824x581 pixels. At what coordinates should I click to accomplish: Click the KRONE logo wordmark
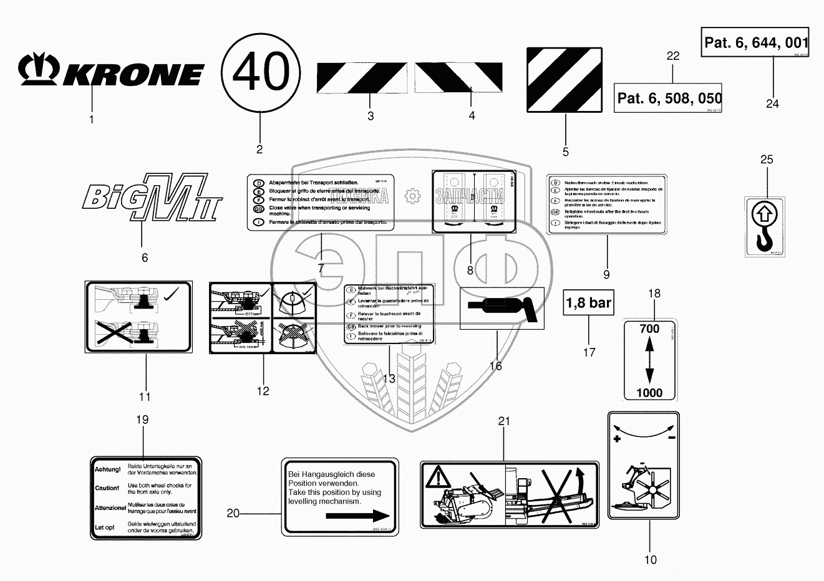111,72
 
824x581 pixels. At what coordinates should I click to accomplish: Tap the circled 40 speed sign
261,72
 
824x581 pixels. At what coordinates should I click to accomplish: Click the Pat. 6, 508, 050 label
668,98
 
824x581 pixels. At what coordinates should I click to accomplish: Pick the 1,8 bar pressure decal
588,303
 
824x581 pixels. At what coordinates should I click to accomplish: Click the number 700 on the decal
649,329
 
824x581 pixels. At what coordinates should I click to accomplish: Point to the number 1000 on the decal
649,393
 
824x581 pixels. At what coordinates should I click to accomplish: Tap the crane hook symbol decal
765,226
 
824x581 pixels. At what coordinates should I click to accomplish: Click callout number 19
142,420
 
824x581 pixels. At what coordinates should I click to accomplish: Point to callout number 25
767,160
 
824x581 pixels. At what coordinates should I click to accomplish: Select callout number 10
651,560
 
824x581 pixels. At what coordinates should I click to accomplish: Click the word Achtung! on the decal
107,469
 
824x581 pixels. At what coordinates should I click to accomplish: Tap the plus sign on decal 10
617,439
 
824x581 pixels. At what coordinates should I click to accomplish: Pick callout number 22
672,56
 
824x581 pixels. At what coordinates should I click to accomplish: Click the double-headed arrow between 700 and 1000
649,361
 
